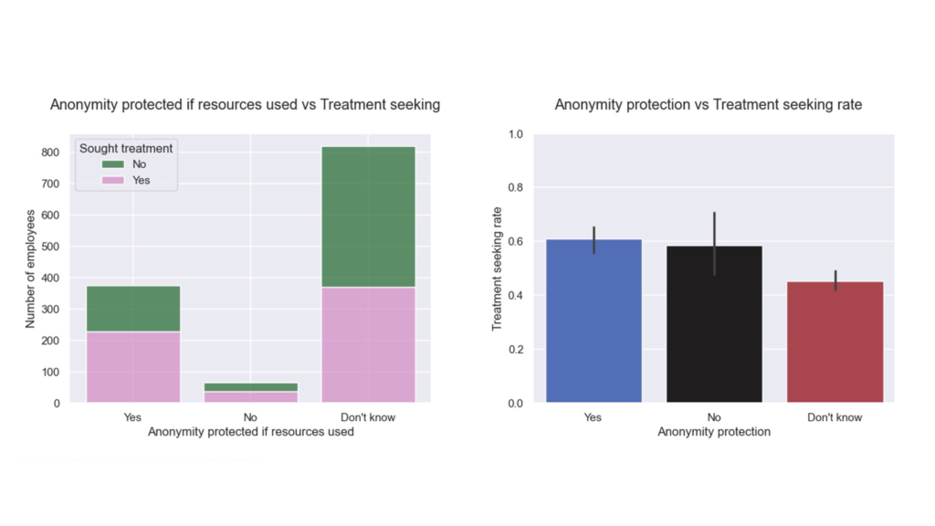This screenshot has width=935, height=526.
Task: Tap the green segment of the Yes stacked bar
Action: [132, 309]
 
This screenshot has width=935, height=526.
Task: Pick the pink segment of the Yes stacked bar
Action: [132, 366]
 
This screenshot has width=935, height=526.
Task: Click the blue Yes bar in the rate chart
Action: [594, 321]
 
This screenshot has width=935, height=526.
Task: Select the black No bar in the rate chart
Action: [714, 324]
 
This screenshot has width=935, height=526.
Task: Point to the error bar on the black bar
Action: [714, 243]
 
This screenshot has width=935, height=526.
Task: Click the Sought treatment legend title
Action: [126, 148]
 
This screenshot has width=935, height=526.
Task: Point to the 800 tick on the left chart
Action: [50, 153]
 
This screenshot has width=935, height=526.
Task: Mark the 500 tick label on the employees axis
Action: [50, 247]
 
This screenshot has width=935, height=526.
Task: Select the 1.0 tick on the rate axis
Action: [515, 134]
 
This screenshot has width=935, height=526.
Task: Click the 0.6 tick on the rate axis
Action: [515, 242]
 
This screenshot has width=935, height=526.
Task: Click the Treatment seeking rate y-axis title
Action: [498, 268]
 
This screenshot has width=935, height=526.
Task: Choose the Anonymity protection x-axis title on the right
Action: [714, 432]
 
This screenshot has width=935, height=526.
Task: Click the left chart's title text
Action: [245, 105]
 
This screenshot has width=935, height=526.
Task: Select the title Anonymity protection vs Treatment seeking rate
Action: [709, 105]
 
